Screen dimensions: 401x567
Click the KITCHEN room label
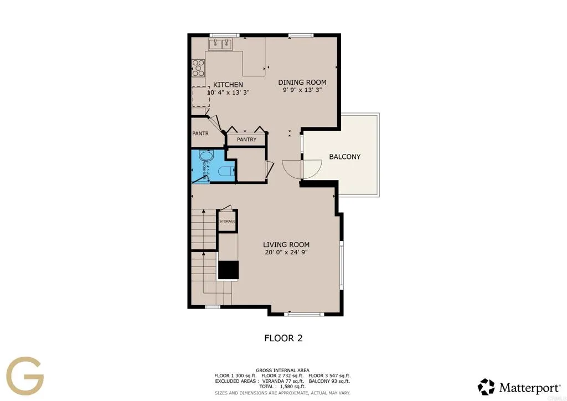[228, 84]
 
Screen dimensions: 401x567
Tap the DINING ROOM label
[302, 82]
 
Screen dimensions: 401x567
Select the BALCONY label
[344, 157]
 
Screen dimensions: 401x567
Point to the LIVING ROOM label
[286, 244]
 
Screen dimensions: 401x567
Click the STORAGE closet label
[227, 222]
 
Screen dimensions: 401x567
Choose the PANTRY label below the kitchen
[246, 140]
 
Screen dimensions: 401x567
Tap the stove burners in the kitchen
[198, 68]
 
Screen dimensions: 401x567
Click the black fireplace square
[228, 270]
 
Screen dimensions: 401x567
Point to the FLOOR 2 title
[283, 338]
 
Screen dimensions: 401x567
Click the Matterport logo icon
[486, 387]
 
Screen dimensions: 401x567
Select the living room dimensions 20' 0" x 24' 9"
[286, 253]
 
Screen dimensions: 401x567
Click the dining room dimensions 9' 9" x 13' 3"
[302, 90]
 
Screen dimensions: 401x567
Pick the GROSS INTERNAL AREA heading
[282, 370]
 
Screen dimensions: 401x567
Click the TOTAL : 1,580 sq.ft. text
[282, 386]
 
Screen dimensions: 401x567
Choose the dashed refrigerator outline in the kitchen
[200, 97]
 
